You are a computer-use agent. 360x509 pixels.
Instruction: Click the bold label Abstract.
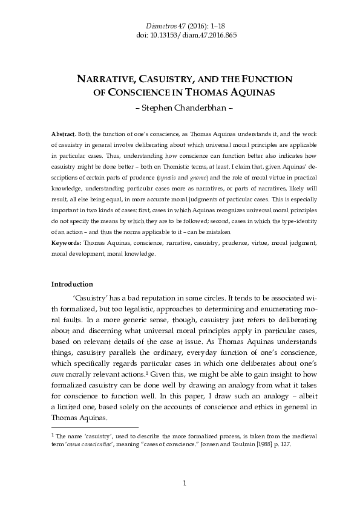[64, 132]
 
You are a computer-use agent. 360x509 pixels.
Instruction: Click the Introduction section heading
[72, 284]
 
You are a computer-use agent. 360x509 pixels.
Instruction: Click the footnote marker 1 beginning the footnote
[53, 434]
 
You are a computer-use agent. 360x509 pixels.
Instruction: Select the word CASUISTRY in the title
[176, 80]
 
